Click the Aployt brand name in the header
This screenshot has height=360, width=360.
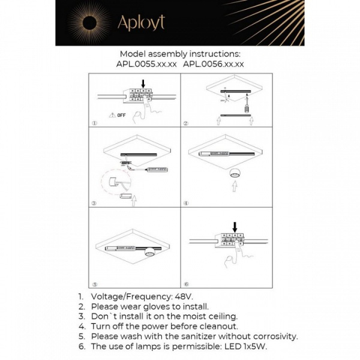[141, 22]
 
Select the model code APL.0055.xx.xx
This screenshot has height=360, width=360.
[146, 63]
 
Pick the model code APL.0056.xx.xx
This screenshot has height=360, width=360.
[213, 63]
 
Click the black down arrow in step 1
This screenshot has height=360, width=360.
[143, 84]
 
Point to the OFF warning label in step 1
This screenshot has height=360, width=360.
[117, 115]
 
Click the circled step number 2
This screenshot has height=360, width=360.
[186, 124]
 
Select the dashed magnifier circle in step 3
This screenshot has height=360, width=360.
[113, 183]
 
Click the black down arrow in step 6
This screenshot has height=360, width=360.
[235, 227]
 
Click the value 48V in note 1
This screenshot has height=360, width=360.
[184, 297]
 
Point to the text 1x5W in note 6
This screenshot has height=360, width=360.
[254, 347]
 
